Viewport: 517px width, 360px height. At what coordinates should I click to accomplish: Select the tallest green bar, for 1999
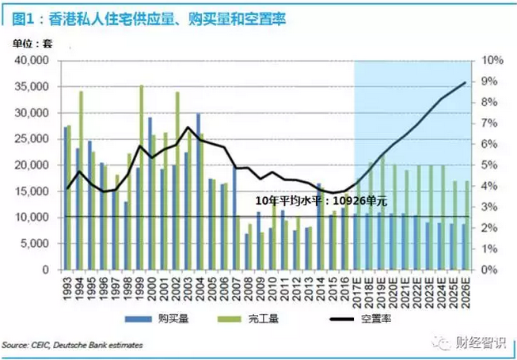point(142,176)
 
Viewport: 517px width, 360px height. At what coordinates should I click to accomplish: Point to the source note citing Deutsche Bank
point(60,346)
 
